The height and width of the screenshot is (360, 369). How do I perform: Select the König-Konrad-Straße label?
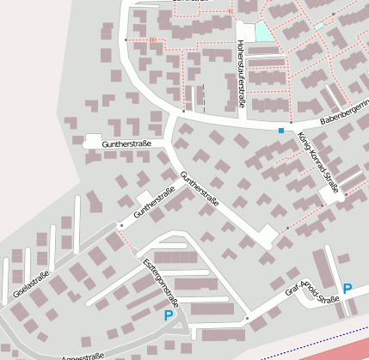[x=319, y=161]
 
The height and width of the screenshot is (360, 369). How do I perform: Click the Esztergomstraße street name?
[x=160, y=282]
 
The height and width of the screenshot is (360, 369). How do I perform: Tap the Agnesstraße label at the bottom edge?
[x=83, y=355]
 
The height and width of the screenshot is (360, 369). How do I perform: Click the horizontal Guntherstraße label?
[x=126, y=145]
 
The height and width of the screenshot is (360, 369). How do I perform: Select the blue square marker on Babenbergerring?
[x=280, y=131]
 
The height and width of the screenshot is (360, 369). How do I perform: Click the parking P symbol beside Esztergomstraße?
[x=169, y=316]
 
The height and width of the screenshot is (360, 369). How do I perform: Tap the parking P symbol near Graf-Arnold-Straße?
[x=347, y=289]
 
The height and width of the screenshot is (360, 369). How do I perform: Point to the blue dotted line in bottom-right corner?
[x=318, y=345]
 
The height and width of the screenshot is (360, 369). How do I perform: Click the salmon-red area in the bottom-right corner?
[x=344, y=351]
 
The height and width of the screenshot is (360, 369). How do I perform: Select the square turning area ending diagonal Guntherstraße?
[x=269, y=234]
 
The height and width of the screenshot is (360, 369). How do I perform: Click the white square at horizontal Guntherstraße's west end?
[x=92, y=140]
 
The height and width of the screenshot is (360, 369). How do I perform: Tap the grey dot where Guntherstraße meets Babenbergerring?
[x=183, y=111]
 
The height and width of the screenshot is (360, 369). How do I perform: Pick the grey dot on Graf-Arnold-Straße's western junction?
[x=247, y=318]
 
